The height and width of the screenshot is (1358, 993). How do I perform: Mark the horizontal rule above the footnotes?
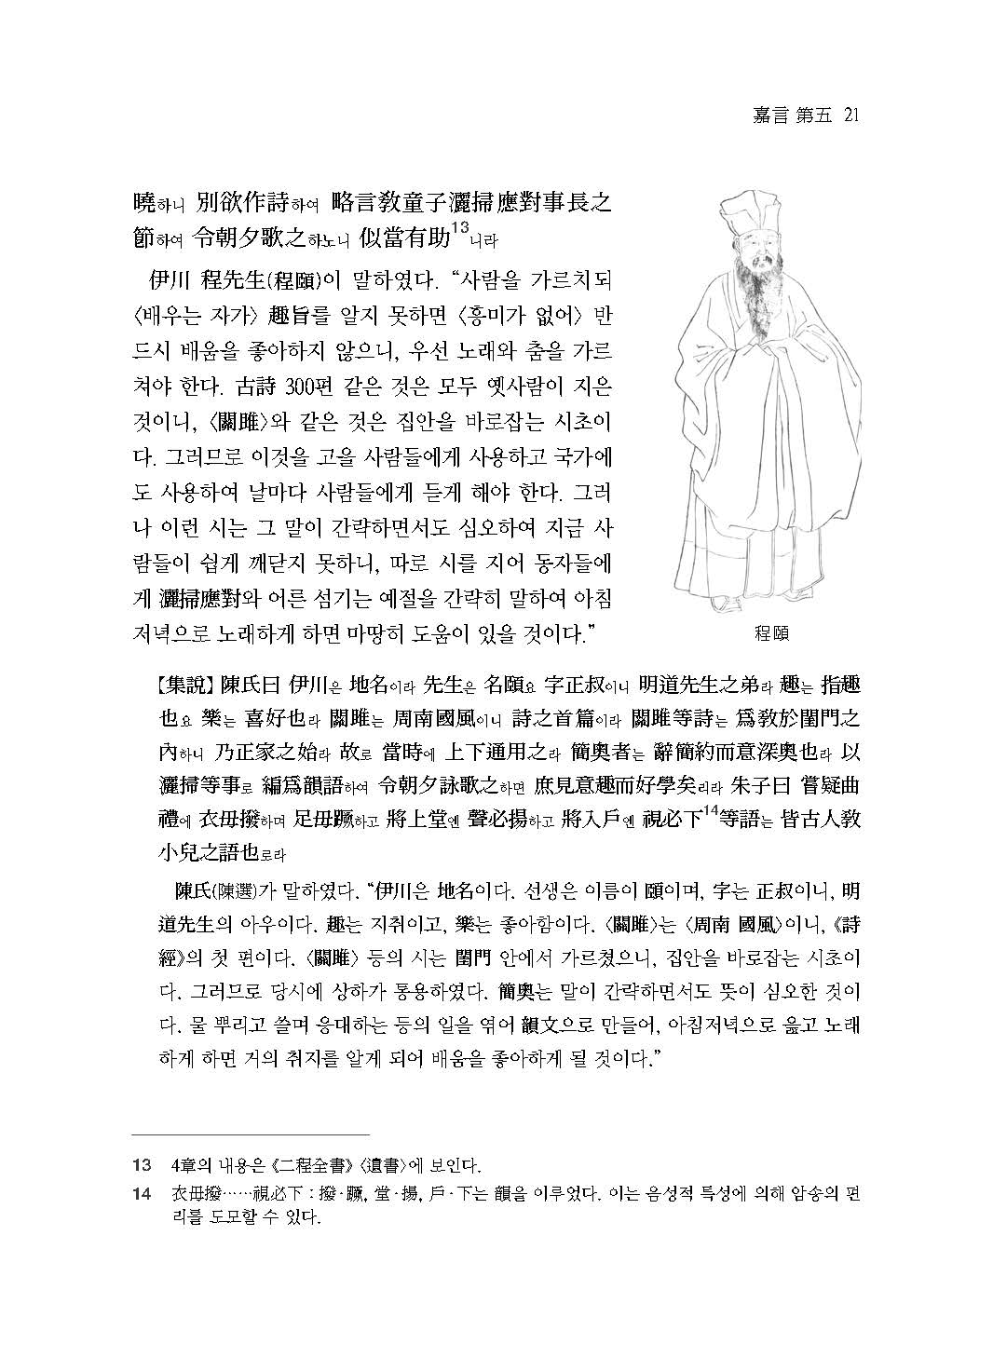click(x=251, y=1135)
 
